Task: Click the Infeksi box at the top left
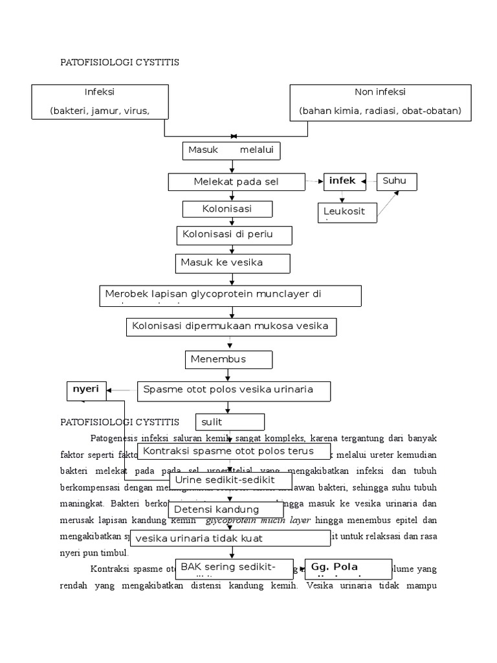[100, 102]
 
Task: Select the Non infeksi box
[380, 102]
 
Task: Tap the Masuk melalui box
[231, 150]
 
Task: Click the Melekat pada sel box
[236, 182]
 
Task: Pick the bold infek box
[344, 181]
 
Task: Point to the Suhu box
[397, 181]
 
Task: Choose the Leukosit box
[348, 212]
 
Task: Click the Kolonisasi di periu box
[234, 235]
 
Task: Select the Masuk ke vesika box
[232, 264]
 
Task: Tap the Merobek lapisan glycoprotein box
[230, 295]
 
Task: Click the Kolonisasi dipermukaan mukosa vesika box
[231, 326]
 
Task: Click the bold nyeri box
[86, 390]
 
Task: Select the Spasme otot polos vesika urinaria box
[234, 390]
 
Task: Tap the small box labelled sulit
[230, 422]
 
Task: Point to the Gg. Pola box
[348, 568]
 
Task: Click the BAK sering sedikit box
[234, 568]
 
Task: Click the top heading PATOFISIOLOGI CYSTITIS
[119, 62]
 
